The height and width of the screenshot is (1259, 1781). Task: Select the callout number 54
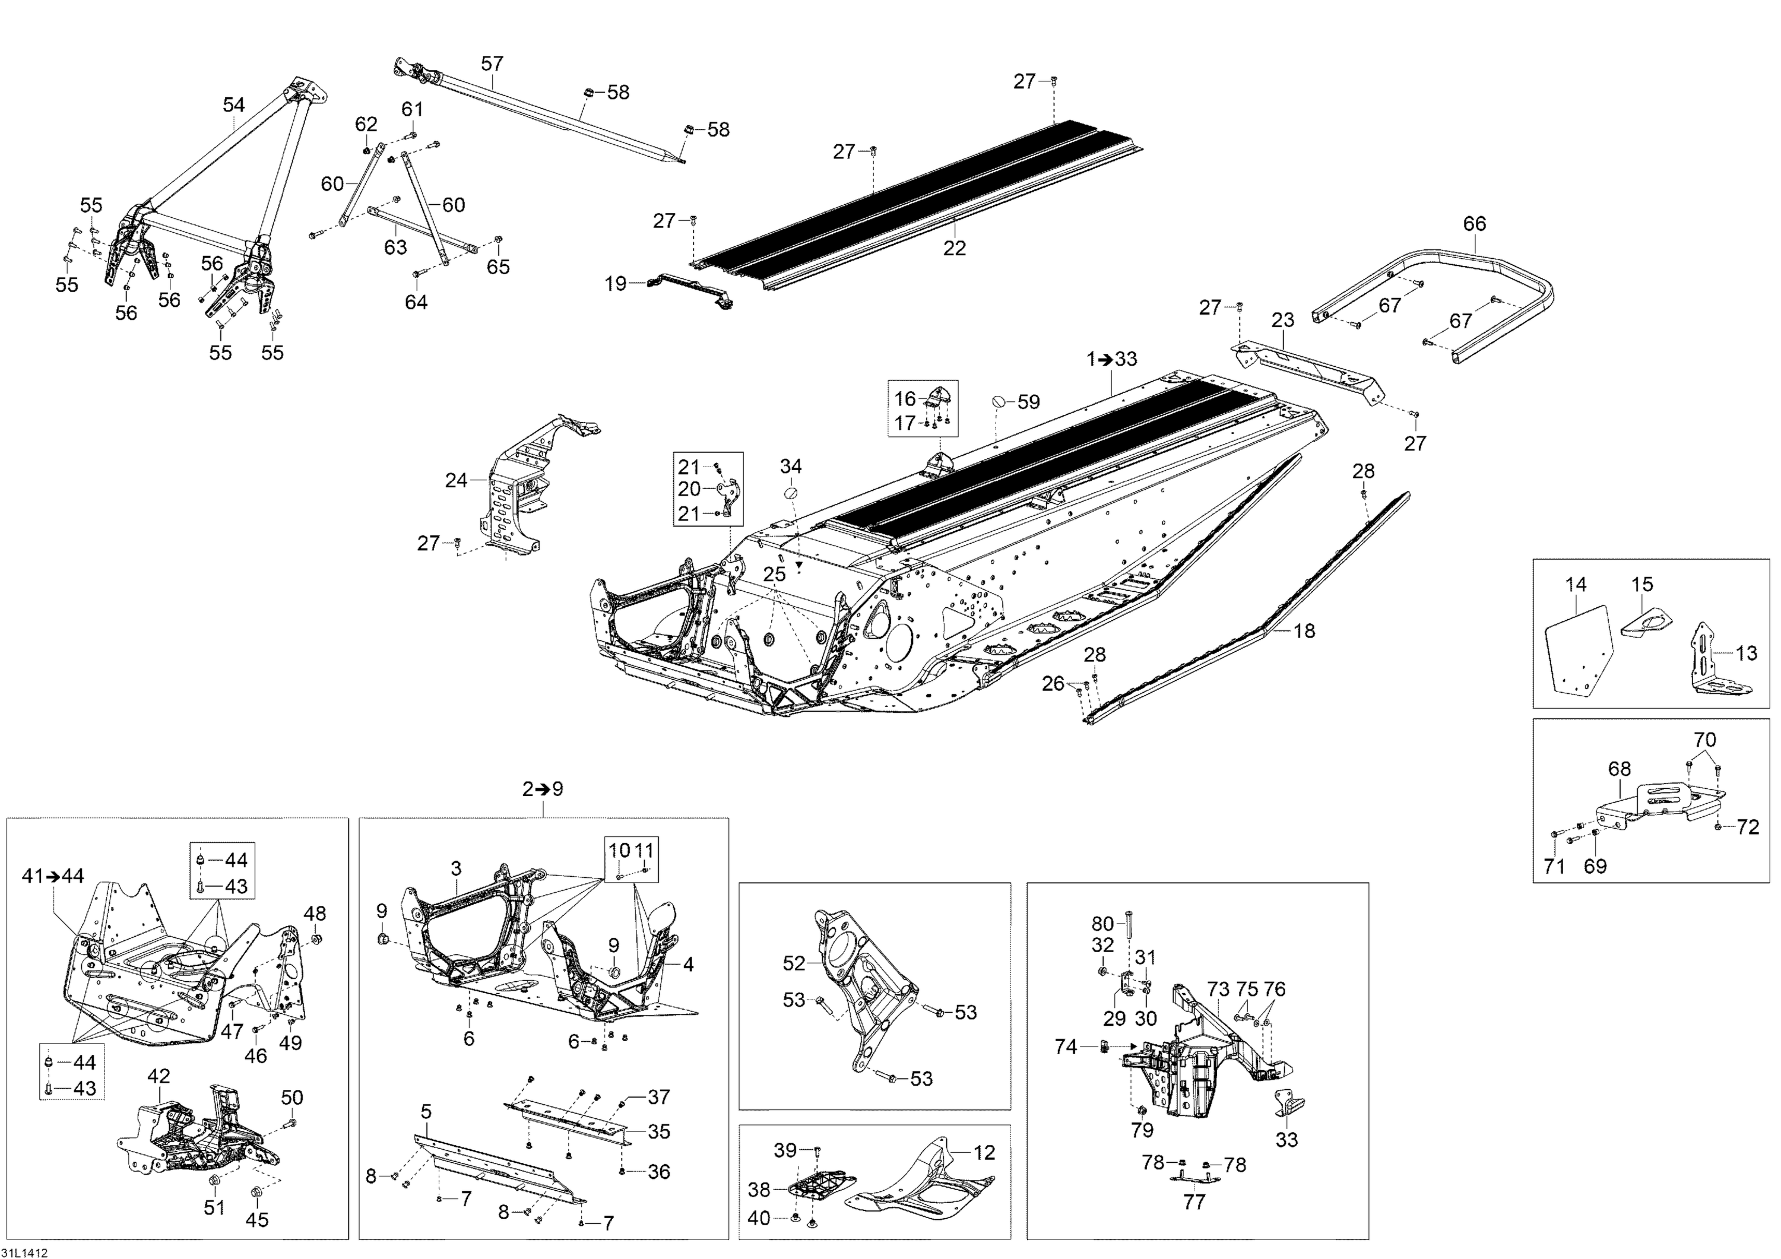(x=233, y=104)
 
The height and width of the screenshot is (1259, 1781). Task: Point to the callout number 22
(x=954, y=248)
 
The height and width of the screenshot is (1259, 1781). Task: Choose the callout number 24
(x=455, y=481)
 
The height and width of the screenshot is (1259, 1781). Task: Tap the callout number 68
(x=1619, y=769)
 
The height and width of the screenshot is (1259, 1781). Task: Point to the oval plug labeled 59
(x=999, y=401)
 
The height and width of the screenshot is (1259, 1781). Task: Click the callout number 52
(x=794, y=963)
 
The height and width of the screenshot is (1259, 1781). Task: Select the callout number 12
(x=984, y=1153)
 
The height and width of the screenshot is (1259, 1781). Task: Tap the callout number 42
(x=159, y=1076)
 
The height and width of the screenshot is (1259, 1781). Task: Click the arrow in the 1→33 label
(x=1105, y=359)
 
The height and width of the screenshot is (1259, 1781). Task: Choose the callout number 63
(x=395, y=248)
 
